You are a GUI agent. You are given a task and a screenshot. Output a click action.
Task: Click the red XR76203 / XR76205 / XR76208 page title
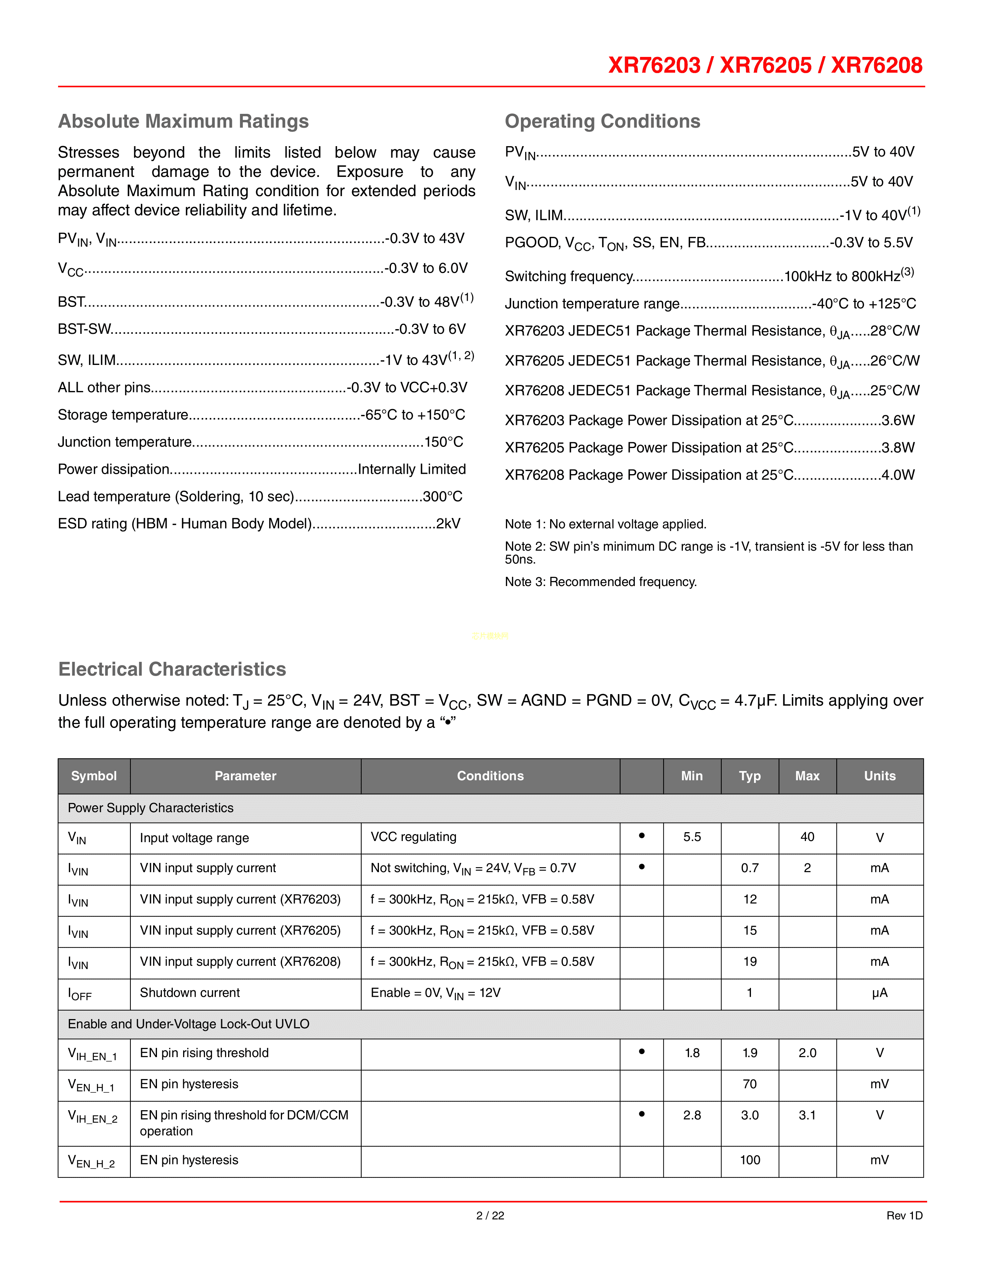pyautogui.click(x=765, y=65)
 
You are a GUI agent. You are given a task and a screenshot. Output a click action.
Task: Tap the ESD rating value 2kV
pyautogui.click(x=448, y=523)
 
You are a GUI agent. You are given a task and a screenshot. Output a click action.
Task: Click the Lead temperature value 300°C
pyautogui.click(x=443, y=496)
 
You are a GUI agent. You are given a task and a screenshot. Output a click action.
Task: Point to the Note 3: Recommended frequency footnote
pyautogui.click(x=601, y=581)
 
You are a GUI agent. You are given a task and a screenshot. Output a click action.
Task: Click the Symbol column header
pyautogui.click(x=93, y=776)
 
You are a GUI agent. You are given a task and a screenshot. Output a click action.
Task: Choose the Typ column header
pyautogui.click(x=750, y=776)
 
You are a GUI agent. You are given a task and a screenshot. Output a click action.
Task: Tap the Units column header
pyautogui.click(x=879, y=776)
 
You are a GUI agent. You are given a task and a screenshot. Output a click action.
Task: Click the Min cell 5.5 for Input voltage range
pyautogui.click(x=692, y=837)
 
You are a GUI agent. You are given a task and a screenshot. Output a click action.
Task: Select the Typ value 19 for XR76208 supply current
pyautogui.click(x=750, y=962)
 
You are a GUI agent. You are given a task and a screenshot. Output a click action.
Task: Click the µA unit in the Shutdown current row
pyautogui.click(x=879, y=993)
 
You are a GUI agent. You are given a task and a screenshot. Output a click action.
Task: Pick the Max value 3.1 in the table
pyautogui.click(x=807, y=1115)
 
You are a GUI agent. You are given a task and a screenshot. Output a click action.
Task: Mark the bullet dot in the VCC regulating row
pyautogui.click(x=642, y=836)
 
